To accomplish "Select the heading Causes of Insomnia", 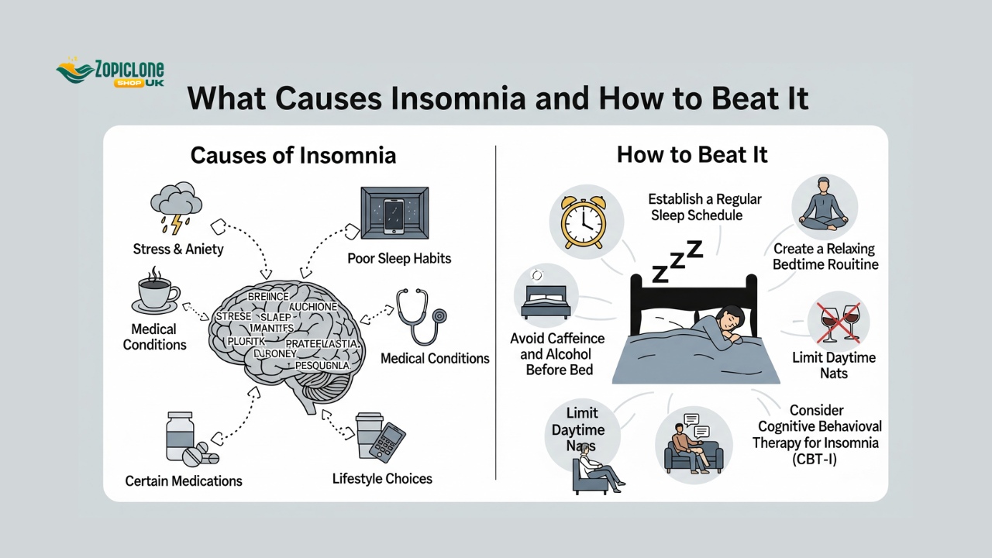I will pyautogui.click(x=293, y=155).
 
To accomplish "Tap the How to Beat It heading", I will pyautogui.click(x=692, y=154).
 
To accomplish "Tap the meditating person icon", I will pyautogui.click(x=824, y=206).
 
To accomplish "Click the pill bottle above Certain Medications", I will pyautogui.click(x=181, y=436).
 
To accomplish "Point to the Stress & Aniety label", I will pyautogui.click(x=178, y=250).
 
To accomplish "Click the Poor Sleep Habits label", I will pyautogui.click(x=399, y=258).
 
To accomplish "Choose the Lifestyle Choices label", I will pyautogui.click(x=382, y=478).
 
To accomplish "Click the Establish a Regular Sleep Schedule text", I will pyautogui.click(x=704, y=207).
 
